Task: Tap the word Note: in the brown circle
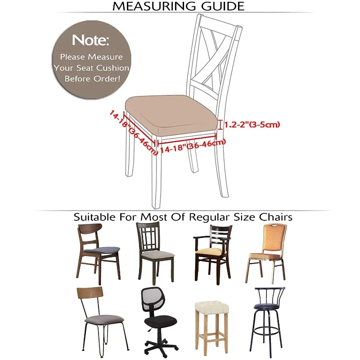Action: click(x=90, y=40)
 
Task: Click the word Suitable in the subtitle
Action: click(x=92, y=217)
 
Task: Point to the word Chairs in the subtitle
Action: click(x=275, y=217)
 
